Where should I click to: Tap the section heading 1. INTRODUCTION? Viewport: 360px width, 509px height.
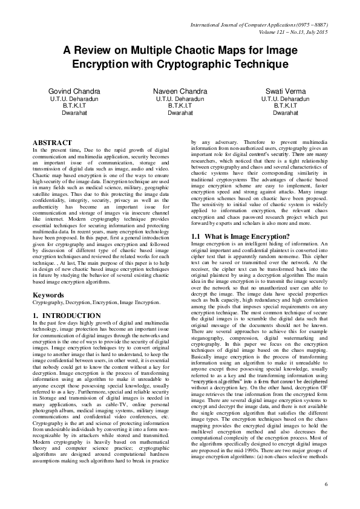[x=67, y=316]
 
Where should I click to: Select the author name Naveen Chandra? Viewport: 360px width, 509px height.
[x=180, y=91]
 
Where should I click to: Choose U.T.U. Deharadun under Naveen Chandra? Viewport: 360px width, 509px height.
[x=180, y=98]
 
